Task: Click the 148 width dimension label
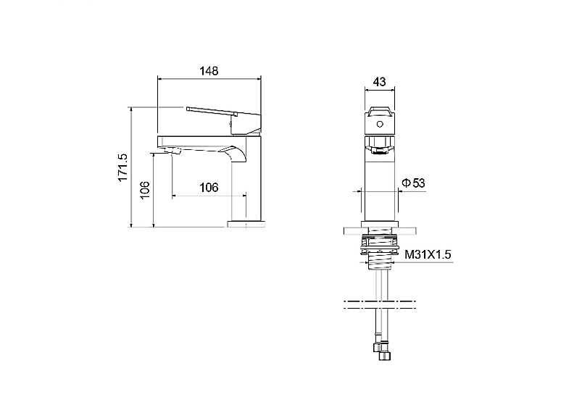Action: pos(209,70)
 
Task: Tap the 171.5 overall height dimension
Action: pos(123,167)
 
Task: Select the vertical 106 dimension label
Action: pos(145,190)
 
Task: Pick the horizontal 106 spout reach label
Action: pos(209,188)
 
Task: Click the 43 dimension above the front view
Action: pos(379,81)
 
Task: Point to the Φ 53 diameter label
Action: pos(413,183)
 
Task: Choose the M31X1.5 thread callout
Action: pos(428,254)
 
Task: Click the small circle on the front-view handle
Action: pos(379,124)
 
